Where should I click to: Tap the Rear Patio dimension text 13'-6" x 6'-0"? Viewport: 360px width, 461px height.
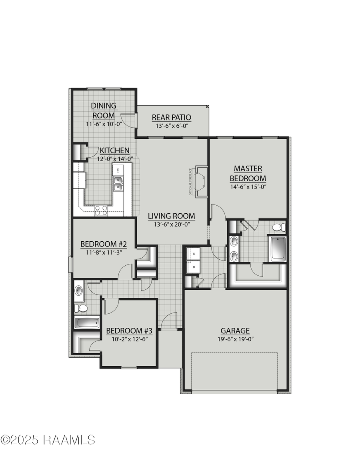pos(171,125)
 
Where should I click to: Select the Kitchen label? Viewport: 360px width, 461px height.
pos(114,151)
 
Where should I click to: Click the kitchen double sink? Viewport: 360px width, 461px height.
pos(118,184)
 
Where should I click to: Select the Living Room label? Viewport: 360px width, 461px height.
pos(171,216)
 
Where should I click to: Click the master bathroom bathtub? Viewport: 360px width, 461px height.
pos(278,249)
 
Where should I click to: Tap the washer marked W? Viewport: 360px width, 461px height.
pos(194,254)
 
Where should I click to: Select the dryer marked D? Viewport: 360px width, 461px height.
pos(194,267)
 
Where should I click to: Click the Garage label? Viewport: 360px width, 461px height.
pos(235,331)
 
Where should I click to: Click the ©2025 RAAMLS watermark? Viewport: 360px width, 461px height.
pos(48,440)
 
